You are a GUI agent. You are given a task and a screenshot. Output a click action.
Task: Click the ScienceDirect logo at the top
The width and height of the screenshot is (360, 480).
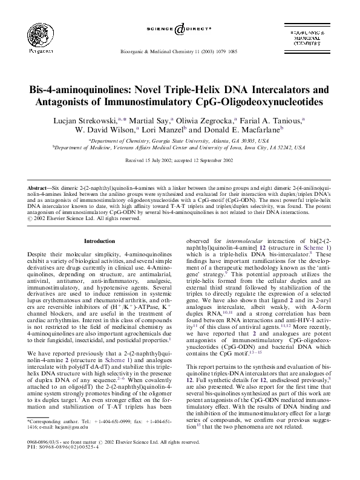tap(180, 30)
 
